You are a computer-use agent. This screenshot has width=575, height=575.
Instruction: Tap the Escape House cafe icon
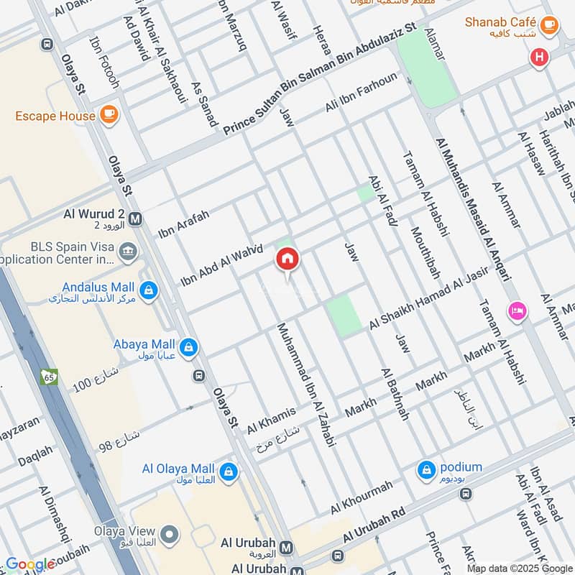(109, 115)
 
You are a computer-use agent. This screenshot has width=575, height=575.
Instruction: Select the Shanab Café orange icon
(549, 25)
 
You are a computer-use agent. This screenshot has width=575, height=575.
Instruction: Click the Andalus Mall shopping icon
(149, 290)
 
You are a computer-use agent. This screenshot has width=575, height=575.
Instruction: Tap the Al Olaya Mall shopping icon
(229, 471)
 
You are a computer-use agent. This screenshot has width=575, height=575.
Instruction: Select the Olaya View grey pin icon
(170, 534)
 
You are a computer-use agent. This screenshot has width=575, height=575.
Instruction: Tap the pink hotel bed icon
(517, 311)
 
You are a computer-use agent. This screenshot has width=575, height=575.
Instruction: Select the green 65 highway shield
(50, 377)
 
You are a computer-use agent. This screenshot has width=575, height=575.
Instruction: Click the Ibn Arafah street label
(183, 224)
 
